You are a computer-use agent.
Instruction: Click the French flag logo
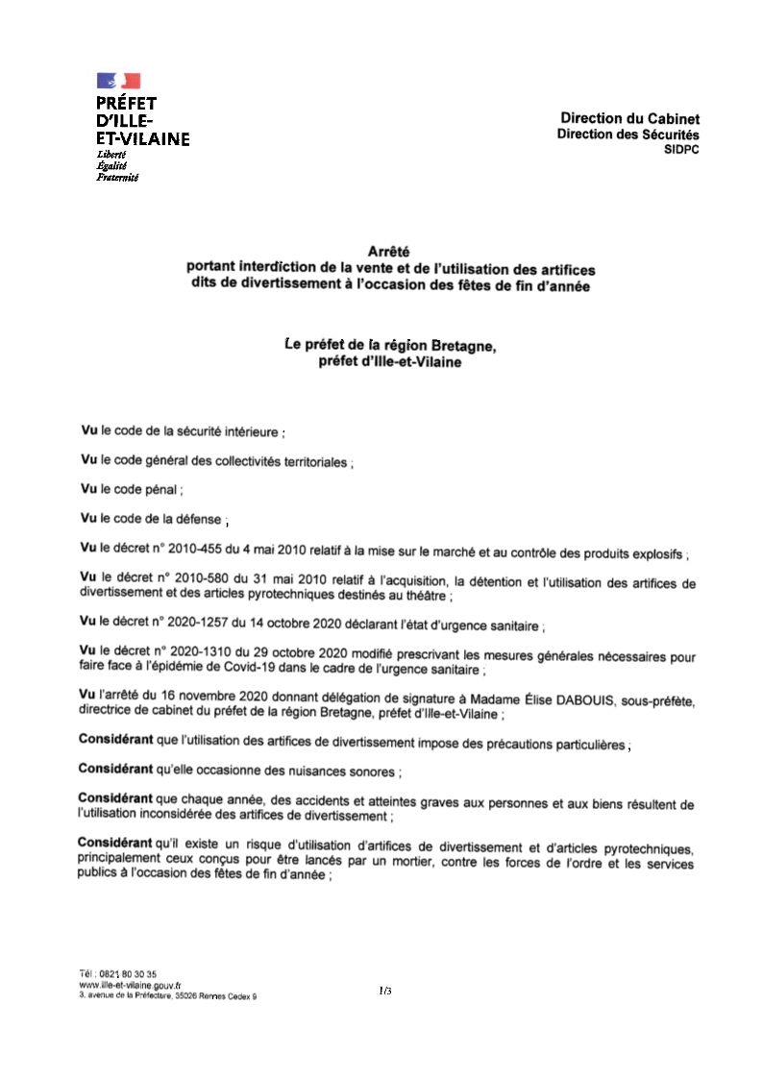coord(118,82)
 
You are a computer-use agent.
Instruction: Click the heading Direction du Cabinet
coord(630,118)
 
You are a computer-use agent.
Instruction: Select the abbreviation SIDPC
coord(681,150)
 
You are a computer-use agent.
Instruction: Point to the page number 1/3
coord(385,990)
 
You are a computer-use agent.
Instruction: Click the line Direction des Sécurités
coord(628,135)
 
